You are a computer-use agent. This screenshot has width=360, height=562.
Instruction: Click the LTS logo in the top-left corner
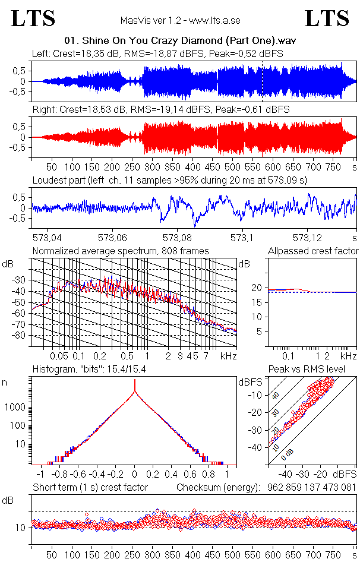pyautogui.click(x=33, y=18)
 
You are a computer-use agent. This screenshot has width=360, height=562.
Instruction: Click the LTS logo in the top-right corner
pyautogui.click(x=327, y=18)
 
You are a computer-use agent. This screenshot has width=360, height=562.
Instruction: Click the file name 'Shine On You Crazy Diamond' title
pyautogui.click(x=180, y=41)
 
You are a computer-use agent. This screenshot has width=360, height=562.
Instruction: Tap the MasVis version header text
pyautogui.click(x=180, y=21)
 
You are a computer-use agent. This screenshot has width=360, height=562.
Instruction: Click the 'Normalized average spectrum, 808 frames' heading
pyautogui.click(x=121, y=251)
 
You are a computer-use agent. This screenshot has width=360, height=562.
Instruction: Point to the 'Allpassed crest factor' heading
pyautogui.click(x=313, y=251)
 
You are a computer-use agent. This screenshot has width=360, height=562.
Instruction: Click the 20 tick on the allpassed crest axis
pyautogui.click(x=257, y=288)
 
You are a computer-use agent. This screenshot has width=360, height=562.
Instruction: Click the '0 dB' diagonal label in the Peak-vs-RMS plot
pyautogui.click(x=288, y=454)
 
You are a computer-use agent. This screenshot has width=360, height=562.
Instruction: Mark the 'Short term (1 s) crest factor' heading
pyautogui.click(x=90, y=487)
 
